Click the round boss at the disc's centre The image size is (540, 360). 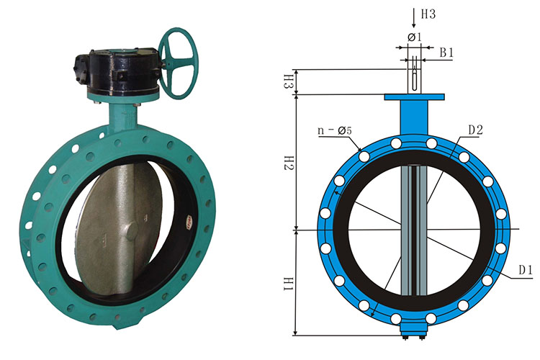(x=132, y=231)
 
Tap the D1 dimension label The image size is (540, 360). (x=526, y=270)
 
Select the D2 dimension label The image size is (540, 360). (x=476, y=130)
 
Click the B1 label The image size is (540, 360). (x=446, y=53)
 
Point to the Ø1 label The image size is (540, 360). (x=415, y=37)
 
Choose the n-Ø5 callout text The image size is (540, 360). (x=334, y=130)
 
